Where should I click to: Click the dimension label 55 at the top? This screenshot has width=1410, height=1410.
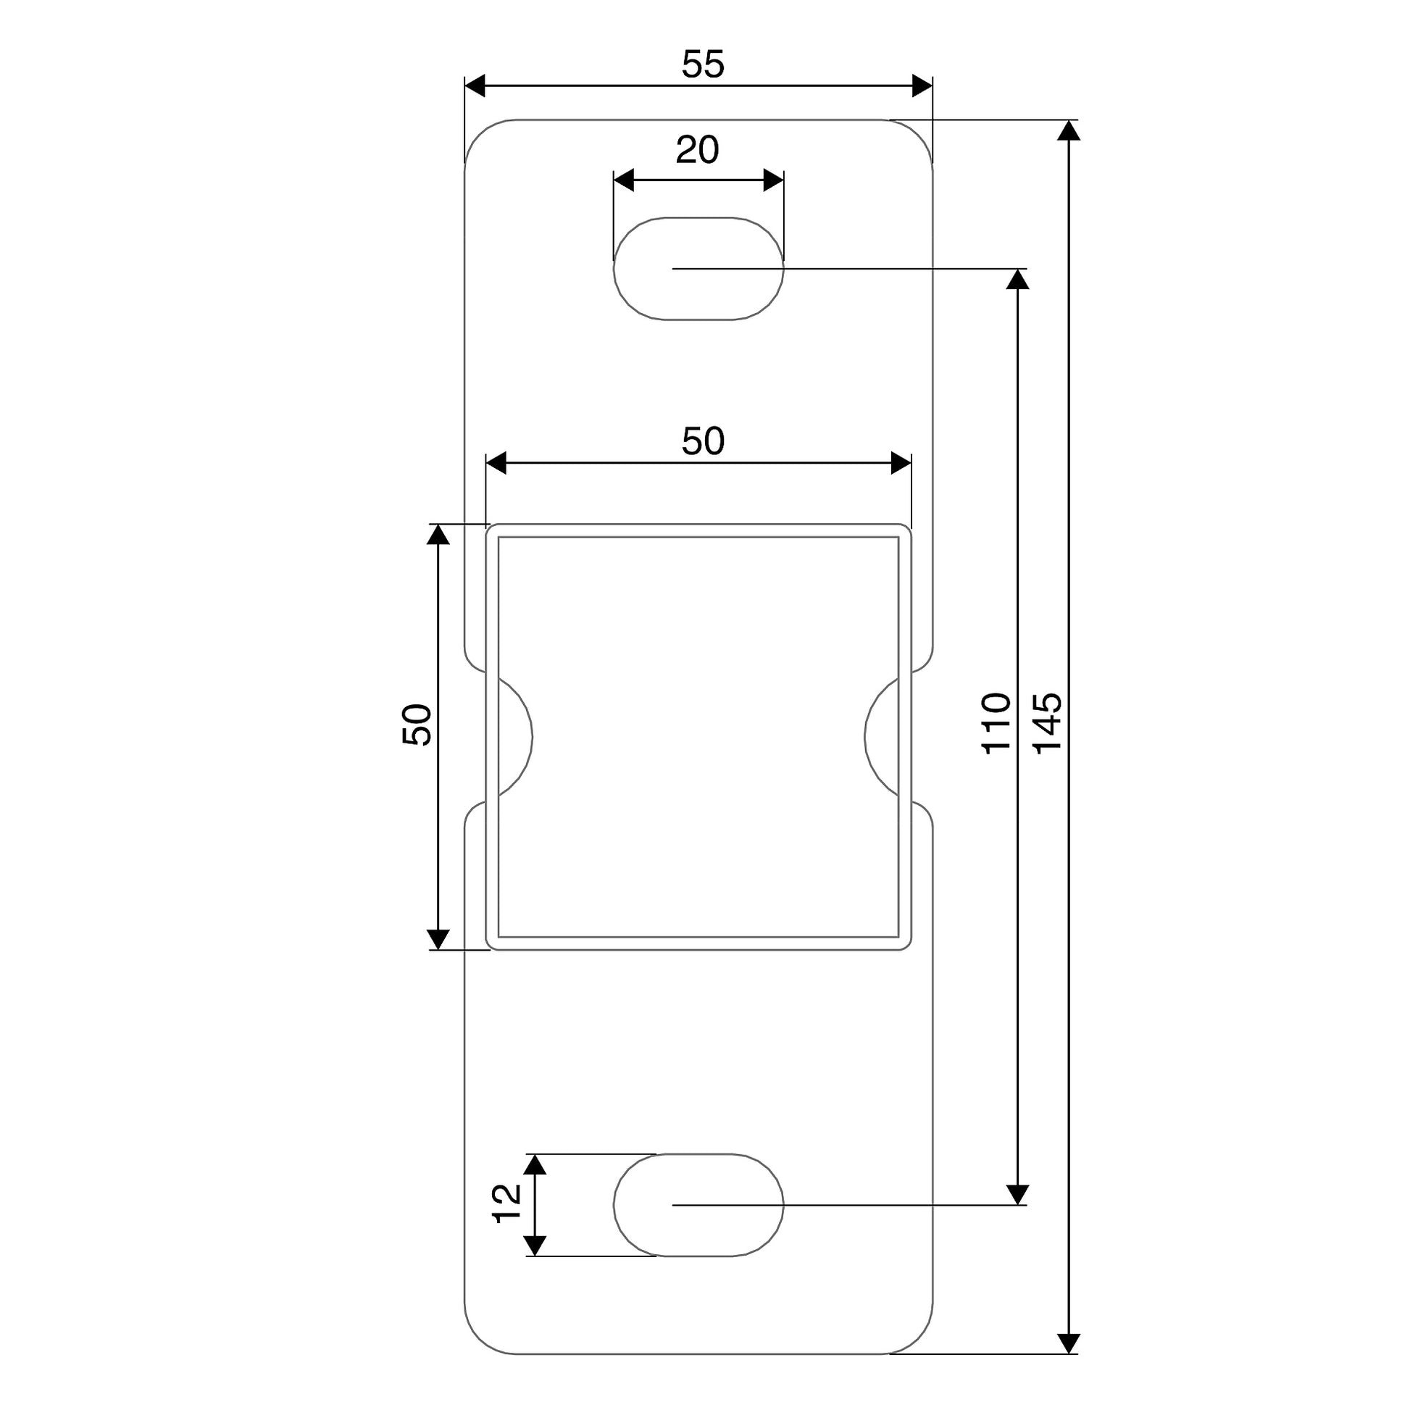click(703, 64)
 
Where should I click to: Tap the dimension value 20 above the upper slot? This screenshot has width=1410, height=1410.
click(697, 149)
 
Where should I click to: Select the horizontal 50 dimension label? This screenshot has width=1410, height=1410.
click(703, 441)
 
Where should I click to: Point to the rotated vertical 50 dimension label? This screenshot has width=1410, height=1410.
click(417, 724)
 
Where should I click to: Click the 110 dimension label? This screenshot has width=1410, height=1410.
click(996, 722)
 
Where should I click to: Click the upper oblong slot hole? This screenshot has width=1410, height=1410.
click(698, 269)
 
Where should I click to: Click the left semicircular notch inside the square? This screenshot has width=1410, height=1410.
click(531, 737)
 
